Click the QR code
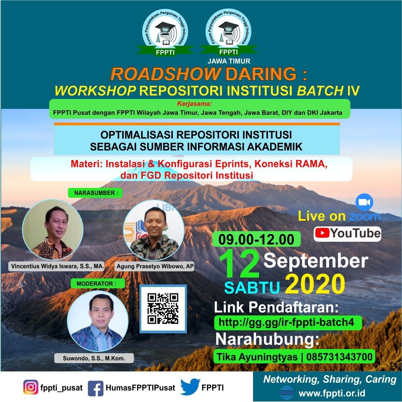pos(163,309)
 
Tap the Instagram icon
pos(31,388)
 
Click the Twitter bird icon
pos(190,387)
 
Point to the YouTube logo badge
pos(347,234)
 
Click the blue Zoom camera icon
pos(364,202)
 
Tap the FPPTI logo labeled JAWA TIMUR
pos(228,36)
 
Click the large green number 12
pos(239,264)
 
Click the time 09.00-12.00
pos(256,239)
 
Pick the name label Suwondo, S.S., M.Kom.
pos(94,358)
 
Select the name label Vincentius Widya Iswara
pos(57,266)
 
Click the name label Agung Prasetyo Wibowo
pos(155,266)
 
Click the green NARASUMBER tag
pos(95,193)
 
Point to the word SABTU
pos(252,288)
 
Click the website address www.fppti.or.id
pos(332,393)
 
